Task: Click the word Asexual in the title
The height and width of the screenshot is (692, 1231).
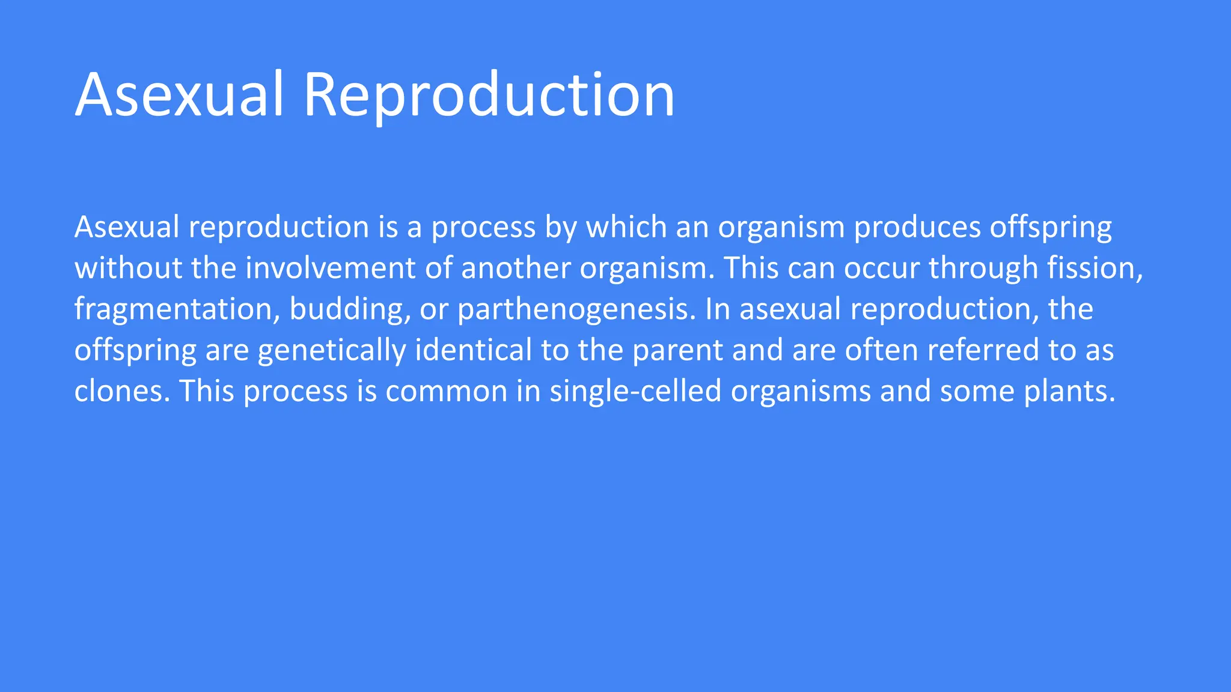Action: (179, 95)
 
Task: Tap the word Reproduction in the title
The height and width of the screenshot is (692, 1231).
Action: (489, 95)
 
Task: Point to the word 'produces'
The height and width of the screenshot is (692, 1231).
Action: (917, 227)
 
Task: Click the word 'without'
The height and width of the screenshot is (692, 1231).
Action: (128, 268)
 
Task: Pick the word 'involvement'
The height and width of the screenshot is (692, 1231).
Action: (330, 268)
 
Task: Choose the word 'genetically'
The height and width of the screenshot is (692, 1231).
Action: (332, 350)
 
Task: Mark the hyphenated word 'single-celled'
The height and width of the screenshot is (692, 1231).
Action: (635, 391)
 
